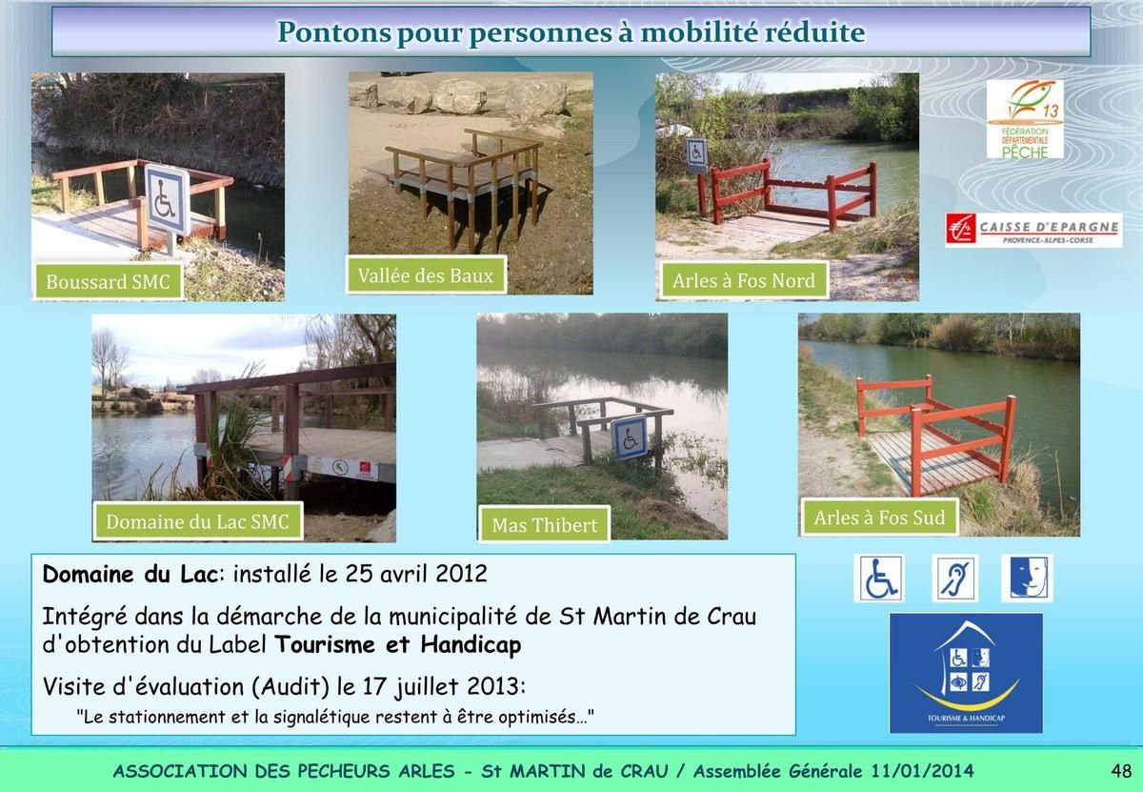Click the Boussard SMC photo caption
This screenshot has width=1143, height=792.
click(109, 281)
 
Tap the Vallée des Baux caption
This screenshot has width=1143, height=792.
click(426, 275)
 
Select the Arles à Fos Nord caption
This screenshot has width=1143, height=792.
click(744, 280)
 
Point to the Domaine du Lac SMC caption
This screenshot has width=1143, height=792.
click(197, 521)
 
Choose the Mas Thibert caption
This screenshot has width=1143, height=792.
click(545, 524)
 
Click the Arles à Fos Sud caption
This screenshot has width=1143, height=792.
click(879, 518)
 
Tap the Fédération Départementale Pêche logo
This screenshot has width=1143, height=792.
click(1025, 119)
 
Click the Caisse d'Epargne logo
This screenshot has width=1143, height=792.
click(1033, 231)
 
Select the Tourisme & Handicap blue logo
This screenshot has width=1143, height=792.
click(966, 673)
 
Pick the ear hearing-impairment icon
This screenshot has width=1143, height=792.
click(954, 579)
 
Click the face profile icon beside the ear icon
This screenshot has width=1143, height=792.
click(1027, 579)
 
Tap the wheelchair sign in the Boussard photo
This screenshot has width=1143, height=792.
click(167, 199)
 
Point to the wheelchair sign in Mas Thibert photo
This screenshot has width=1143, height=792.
click(631, 437)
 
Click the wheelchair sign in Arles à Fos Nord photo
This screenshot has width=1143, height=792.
click(696, 153)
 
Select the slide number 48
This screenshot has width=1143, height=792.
click(1121, 770)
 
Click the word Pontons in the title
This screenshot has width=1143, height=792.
click(334, 32)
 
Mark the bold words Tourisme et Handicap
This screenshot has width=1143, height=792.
click(398, 644)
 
